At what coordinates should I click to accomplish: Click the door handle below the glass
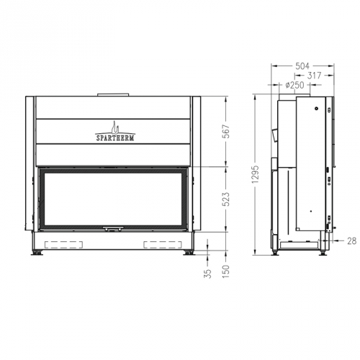113,228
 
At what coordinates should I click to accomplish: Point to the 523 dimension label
228,201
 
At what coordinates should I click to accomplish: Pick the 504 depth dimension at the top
301,65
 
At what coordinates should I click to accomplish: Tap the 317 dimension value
314,75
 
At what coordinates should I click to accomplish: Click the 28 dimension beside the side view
351,241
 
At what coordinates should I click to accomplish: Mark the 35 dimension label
208,274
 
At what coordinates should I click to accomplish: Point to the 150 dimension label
228,273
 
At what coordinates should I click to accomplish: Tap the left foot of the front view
36,253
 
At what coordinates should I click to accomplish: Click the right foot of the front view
190,253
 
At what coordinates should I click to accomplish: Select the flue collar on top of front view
113,94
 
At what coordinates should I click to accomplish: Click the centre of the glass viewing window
113,196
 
